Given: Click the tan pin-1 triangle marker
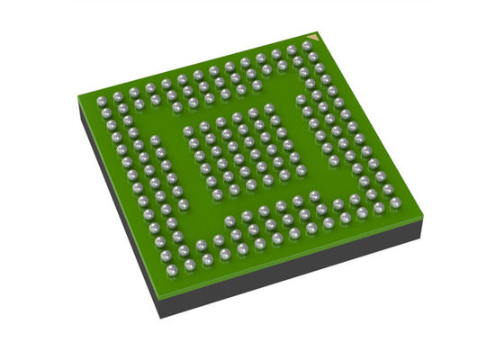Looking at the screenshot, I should [309, 42].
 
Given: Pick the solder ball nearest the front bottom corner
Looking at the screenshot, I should [190, 266].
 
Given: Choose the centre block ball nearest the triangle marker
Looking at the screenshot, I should [269, 111].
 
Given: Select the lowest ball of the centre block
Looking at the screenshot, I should [236, 190].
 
